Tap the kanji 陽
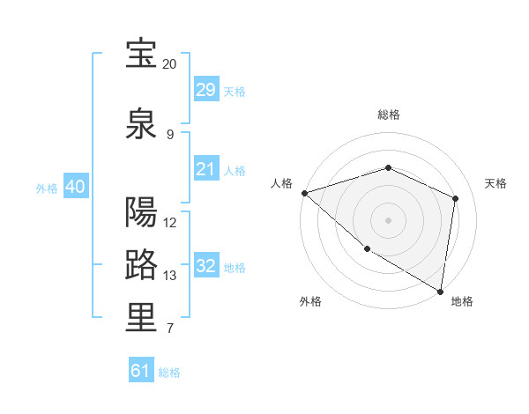tap(142, 212)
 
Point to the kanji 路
tap(142, 264)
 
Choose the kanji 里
tap(142, 318)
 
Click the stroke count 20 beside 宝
tap(169, 64)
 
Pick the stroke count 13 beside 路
tap(169, 276)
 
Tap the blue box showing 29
tap(206, 90)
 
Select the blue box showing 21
tap(206, 169)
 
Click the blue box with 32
tap(206, 266)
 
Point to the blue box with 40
tap(76, 187)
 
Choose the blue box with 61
tap(141, 371)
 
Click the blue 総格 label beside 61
tap(169, 373)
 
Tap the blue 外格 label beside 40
tap(47, 188)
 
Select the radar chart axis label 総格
tap(389, 115)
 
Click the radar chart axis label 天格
tap(495, 183)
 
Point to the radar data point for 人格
tap(304, 192)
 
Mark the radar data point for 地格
tap(441, 291)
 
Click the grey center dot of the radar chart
tap(389, 219)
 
